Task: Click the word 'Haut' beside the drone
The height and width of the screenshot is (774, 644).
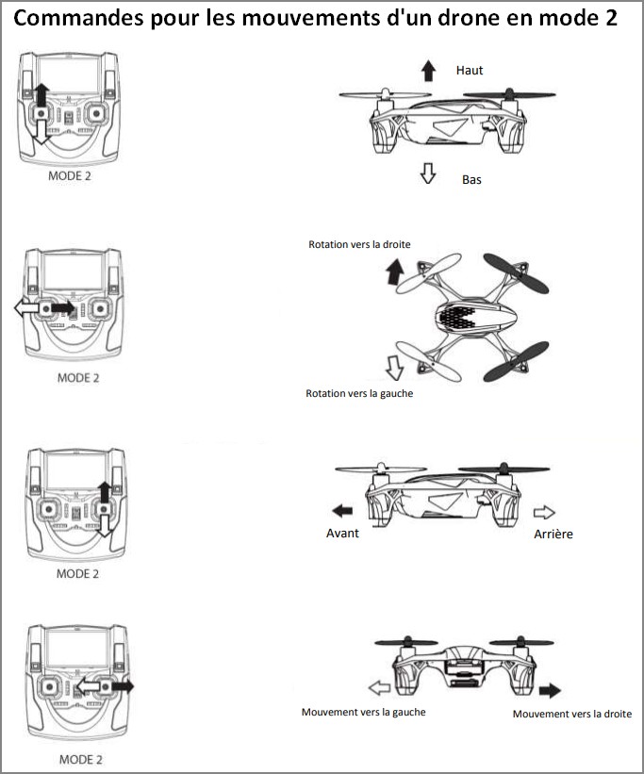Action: tap(470, 71)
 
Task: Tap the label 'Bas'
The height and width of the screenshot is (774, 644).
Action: tap(471, 178)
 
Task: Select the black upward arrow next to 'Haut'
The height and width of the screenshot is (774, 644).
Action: tap(429, 70)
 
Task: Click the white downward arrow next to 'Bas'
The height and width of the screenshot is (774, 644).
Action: tap(427, 173)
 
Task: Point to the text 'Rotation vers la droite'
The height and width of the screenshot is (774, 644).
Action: tap(359, 244)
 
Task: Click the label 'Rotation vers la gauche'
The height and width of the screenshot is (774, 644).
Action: tap(359, 393)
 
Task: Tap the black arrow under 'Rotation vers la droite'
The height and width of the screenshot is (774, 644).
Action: tap(393, 273)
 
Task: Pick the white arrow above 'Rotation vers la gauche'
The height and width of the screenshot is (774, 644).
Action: tap(392, 366)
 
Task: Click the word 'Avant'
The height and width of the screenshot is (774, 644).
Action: tap(342, 534)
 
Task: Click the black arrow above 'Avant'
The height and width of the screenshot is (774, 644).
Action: tap(342, 511)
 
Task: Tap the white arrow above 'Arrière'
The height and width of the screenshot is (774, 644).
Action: tap(544, 511)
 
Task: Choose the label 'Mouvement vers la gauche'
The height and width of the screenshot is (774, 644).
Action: tap(363, 712)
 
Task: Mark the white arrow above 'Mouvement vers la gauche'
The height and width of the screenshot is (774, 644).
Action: tap(379, 687)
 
